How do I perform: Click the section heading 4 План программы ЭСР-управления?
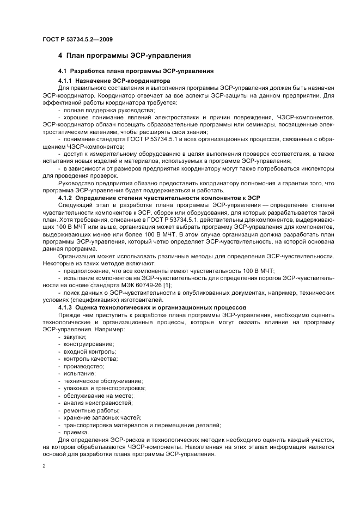click(x=124, y=56)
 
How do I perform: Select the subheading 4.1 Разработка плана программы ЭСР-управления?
click(x=136, y=72)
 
